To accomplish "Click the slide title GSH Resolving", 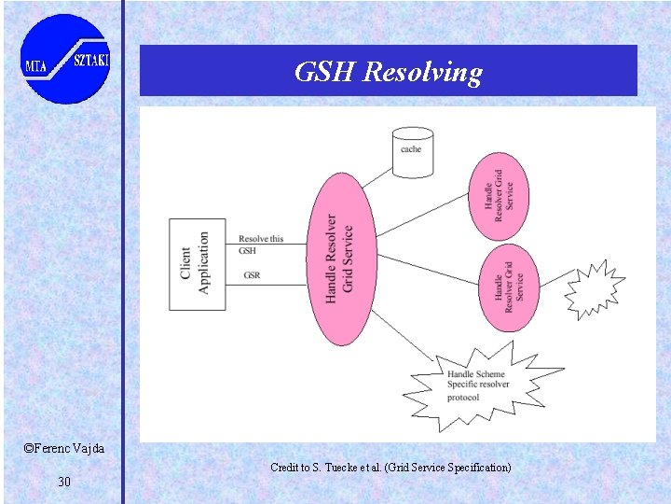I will (388, 72).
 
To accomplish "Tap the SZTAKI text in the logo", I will (90, 60).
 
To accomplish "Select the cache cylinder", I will (411, 151).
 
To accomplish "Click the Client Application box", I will (197, 264).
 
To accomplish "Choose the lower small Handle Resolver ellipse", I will (508, 287).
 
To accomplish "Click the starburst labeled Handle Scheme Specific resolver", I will (478, 384).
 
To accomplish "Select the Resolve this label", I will (261, 239).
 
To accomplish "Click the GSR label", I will (252, 275).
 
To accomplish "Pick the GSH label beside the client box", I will (247, 250).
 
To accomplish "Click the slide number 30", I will (64, 482).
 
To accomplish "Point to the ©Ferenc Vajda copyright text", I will (64, 449).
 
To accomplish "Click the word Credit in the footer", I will (283, 467).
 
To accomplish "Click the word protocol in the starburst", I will (463, 398).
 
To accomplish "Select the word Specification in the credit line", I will (475, 467).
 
